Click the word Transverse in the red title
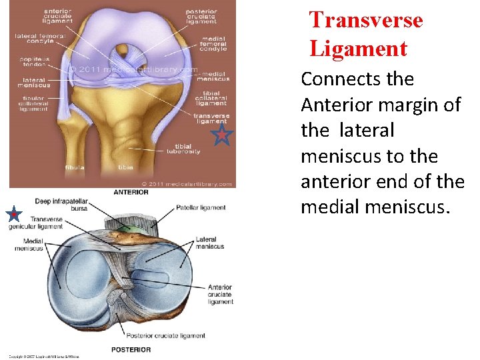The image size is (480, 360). [365, 20]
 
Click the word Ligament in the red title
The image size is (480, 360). [358, 49]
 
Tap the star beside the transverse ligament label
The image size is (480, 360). [221, 137]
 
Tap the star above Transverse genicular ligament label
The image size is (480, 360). [13, 215]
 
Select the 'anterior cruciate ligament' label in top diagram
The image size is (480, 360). [59, 17]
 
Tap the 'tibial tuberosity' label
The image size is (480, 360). [187, 149]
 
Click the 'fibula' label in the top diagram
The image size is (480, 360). [75, 167]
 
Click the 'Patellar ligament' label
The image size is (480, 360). [201, 207]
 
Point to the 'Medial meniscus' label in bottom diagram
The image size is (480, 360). [29, 244]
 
